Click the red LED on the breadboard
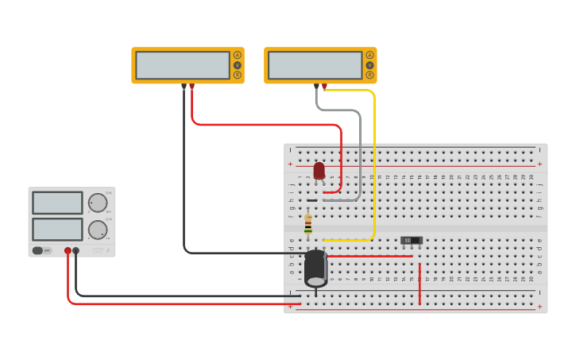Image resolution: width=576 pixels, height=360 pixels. [319, 170]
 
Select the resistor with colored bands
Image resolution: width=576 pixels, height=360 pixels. [308, 223]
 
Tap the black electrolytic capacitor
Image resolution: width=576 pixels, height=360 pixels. [315, 268]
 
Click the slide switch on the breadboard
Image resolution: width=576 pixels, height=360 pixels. [411, 240]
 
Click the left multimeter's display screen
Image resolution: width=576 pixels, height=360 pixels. [183, 65]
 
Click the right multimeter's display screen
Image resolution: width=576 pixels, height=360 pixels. [315, 65]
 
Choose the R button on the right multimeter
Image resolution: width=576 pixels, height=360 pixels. [369, 75]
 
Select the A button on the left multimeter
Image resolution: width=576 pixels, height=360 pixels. [237, 55]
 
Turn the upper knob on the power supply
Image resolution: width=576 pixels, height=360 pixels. [98, 203]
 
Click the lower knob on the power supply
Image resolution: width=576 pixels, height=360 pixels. [98, 230]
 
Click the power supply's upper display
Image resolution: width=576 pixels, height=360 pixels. [57, 203]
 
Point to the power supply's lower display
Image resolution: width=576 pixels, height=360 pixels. [57, 230]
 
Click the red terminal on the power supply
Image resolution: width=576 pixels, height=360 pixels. [68, 250]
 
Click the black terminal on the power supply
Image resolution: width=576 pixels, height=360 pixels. [75, 250]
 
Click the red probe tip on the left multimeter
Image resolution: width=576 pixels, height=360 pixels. [191, 86]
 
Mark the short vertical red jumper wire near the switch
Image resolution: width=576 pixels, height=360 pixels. [419, 284]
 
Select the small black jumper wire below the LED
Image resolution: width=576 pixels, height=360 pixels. [312, 200]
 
